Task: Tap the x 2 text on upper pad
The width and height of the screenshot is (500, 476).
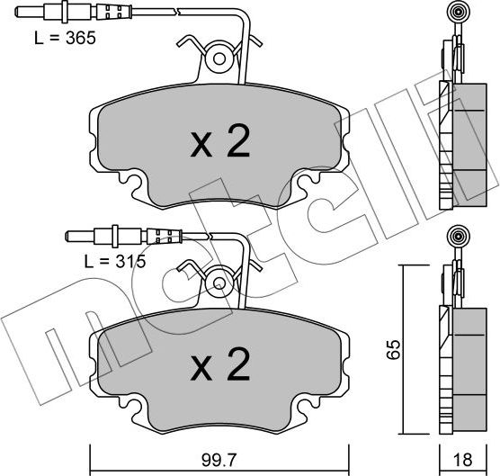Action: coord(219,143)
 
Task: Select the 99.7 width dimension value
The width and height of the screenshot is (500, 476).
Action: coord(219,459)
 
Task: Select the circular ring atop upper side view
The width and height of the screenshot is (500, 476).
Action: coord(455,13)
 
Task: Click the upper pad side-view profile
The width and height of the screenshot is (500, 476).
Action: coord(457,144)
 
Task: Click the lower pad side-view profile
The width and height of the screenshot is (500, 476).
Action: coord(457,364)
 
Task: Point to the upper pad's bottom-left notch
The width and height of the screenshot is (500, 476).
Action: coord(133,185)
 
